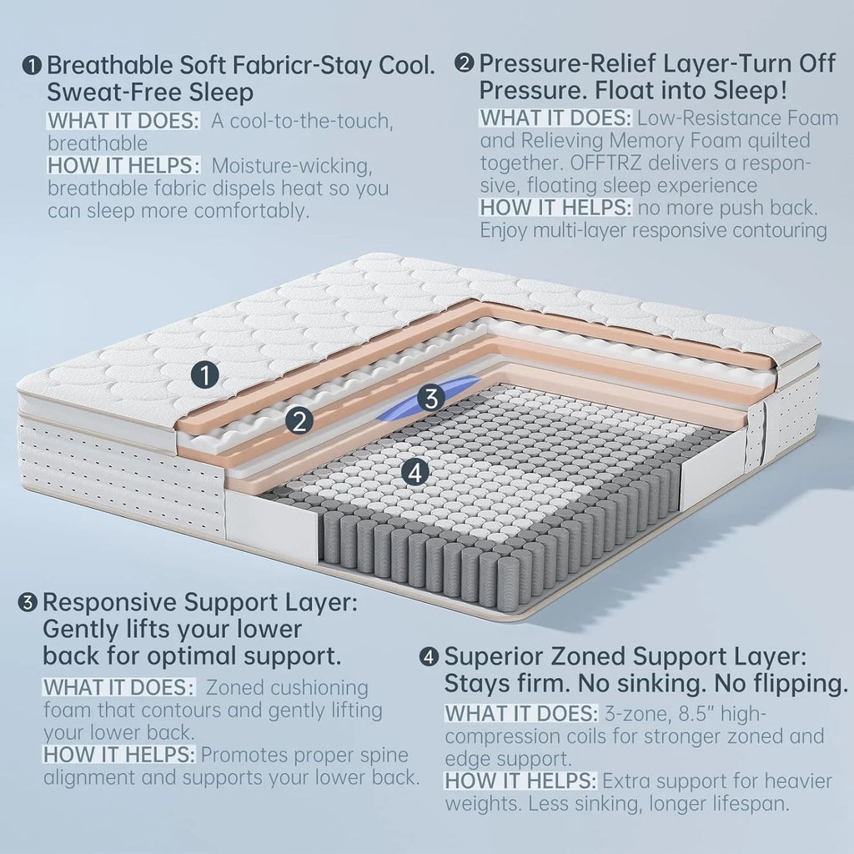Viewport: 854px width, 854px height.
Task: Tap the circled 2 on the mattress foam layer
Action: click(298, 420)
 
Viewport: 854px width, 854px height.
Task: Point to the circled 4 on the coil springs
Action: click(414, 472)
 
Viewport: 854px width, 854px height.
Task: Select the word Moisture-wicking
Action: click(297, 166)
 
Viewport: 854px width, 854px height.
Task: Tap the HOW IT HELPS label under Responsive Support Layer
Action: click(120, 756)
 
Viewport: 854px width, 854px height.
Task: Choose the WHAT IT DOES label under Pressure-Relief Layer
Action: click(555, 118)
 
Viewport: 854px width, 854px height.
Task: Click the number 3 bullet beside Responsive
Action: click(28, 601)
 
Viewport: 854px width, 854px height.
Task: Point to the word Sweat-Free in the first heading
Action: click(109, 90)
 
